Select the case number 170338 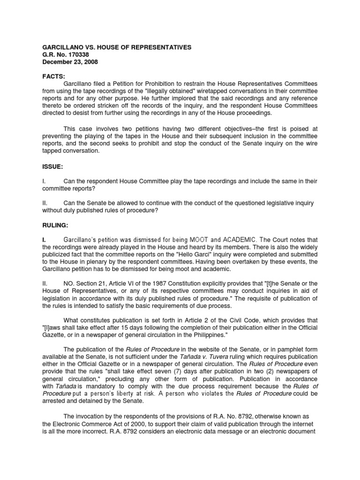77,55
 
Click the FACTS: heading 54,77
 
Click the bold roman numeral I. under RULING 45,240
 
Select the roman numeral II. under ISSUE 45,203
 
